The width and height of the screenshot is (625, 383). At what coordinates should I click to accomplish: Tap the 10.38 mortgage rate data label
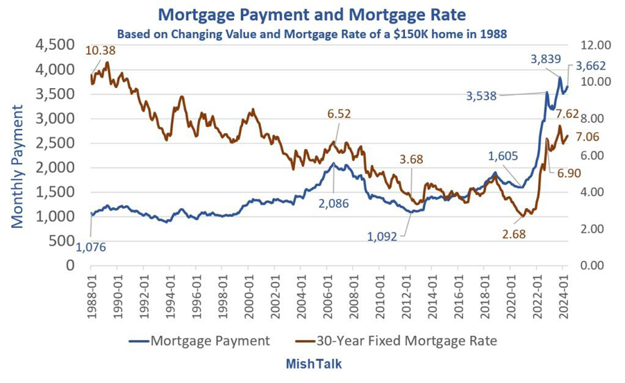pyautogui.click(x=100, y=51)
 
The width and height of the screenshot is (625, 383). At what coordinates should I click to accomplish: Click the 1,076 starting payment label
pyautogui.click(x=91, y=247)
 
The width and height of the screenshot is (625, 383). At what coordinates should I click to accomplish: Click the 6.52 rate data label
pyautogui.click(x=338, y=114)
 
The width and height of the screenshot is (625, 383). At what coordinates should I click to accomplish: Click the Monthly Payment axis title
pyautogui.click(x=17, y=166)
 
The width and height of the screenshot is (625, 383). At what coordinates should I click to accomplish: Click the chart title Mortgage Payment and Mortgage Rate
pyautogui.click(x=312, y=14)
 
